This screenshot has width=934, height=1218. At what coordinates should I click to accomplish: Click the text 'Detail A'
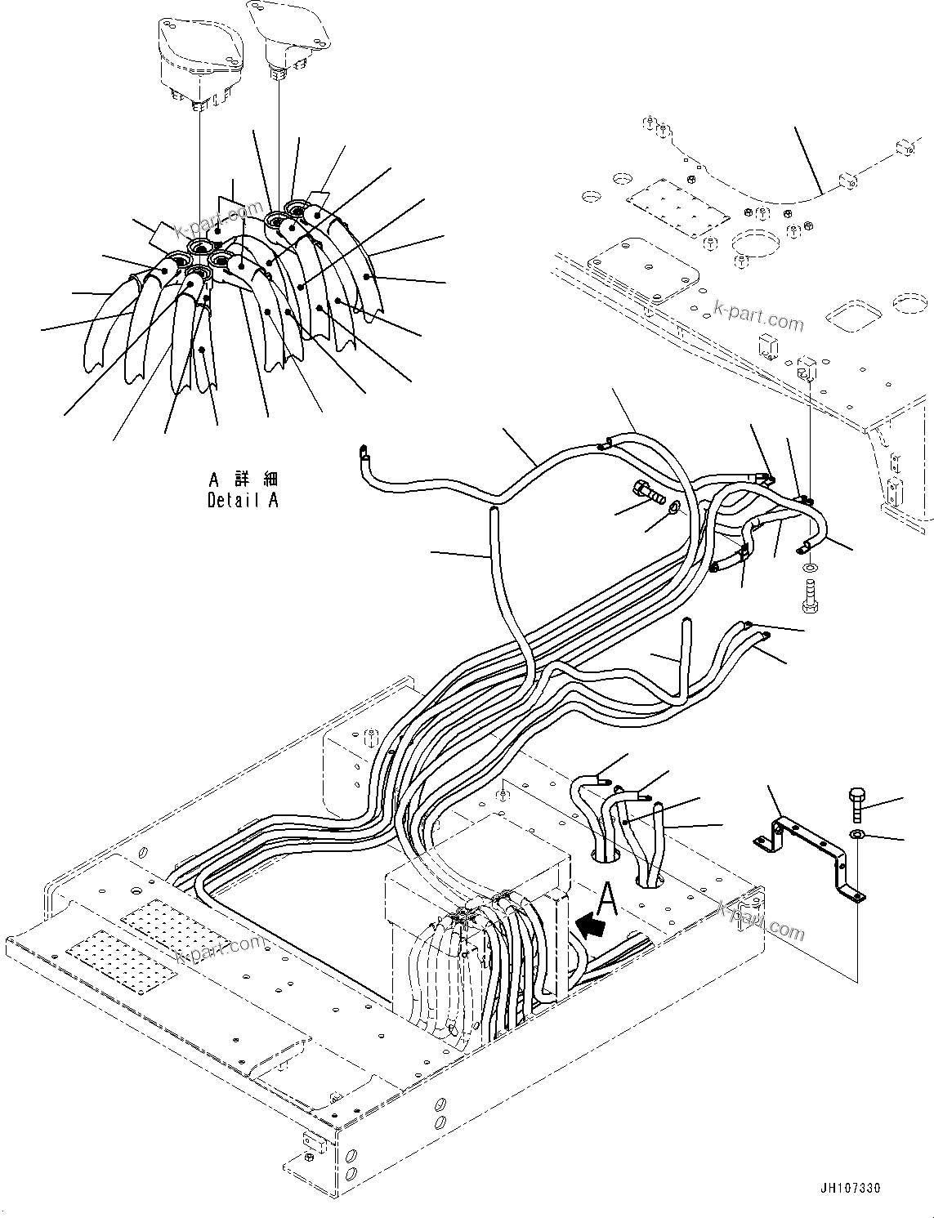tap(243, 501)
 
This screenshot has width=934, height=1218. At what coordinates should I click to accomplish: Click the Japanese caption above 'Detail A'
tap(243, 479)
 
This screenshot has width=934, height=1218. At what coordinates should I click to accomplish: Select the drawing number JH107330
tap(847, 1189)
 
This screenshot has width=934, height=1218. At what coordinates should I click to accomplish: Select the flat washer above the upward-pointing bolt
tap(808, 567)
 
